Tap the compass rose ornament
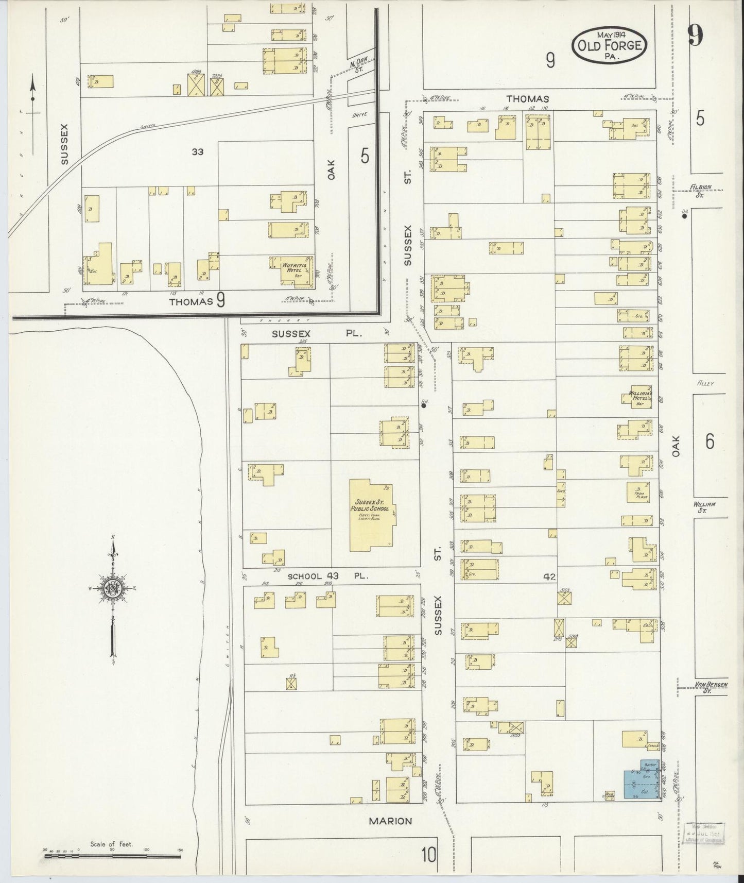112,588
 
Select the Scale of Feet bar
112,856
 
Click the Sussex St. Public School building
372,515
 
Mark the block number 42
549,577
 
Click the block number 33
197,151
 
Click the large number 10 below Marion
428,855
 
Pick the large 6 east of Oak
710,442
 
